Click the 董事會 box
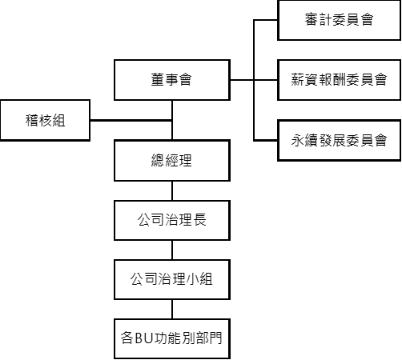(x=172, y=80)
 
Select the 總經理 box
(x=172, y=161)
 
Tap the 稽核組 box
(x=45, y=120)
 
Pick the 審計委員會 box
(x=340, y=20)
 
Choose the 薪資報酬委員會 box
(x=340, y=80)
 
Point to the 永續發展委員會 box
(x=340, y=140)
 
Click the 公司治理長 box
(x=172, y=221)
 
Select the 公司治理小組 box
(x=172, y=279)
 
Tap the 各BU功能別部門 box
(x=172, y=338)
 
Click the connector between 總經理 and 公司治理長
(x=172, y=191)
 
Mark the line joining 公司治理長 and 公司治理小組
(x=172, y=250)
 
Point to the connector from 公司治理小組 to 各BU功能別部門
(x=172, y=309)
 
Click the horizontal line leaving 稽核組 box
(x=131, y=121)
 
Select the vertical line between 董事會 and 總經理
(x=172, y=120)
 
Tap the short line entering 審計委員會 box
(x=266, y=20)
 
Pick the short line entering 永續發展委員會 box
(x=266, y=140)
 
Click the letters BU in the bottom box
(x=145, y=338)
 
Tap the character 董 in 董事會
(x=158, y=79)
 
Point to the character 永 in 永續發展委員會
(x=298, y=140)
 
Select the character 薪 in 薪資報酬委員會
(x=298, y=79)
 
